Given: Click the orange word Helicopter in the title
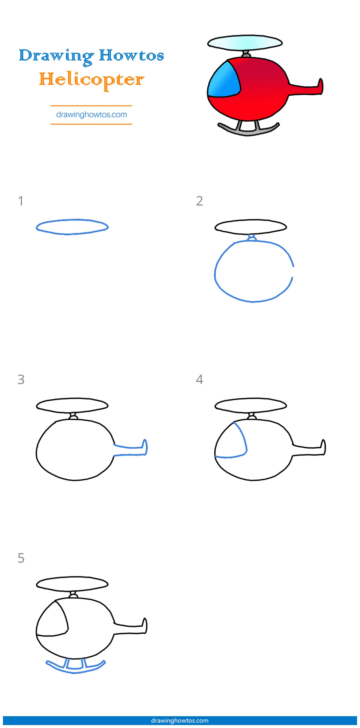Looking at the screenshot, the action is (x=91, y=80).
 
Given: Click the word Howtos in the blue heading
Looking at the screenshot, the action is (x=131, y=55).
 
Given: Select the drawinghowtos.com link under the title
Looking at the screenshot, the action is (x=91, y=114).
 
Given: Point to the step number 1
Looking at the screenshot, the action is (x=20, y=201).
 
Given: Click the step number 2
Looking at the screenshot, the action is (x=199, y=201).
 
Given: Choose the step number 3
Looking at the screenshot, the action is (x=21, y=379).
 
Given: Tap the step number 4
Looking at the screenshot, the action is (x=199, y=379).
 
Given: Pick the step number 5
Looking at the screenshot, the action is (x=21, y=558).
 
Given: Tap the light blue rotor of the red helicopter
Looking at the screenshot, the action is (x=245, y=43).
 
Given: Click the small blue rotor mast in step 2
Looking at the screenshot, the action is (x=251, y=238).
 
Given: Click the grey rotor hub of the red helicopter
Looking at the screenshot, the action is (x=246, y=55).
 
